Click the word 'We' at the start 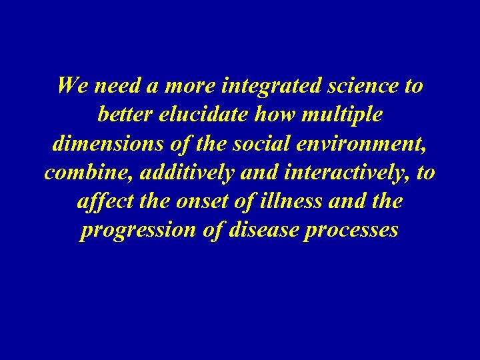(x=72, y=86)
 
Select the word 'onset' (x=194, y=201)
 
